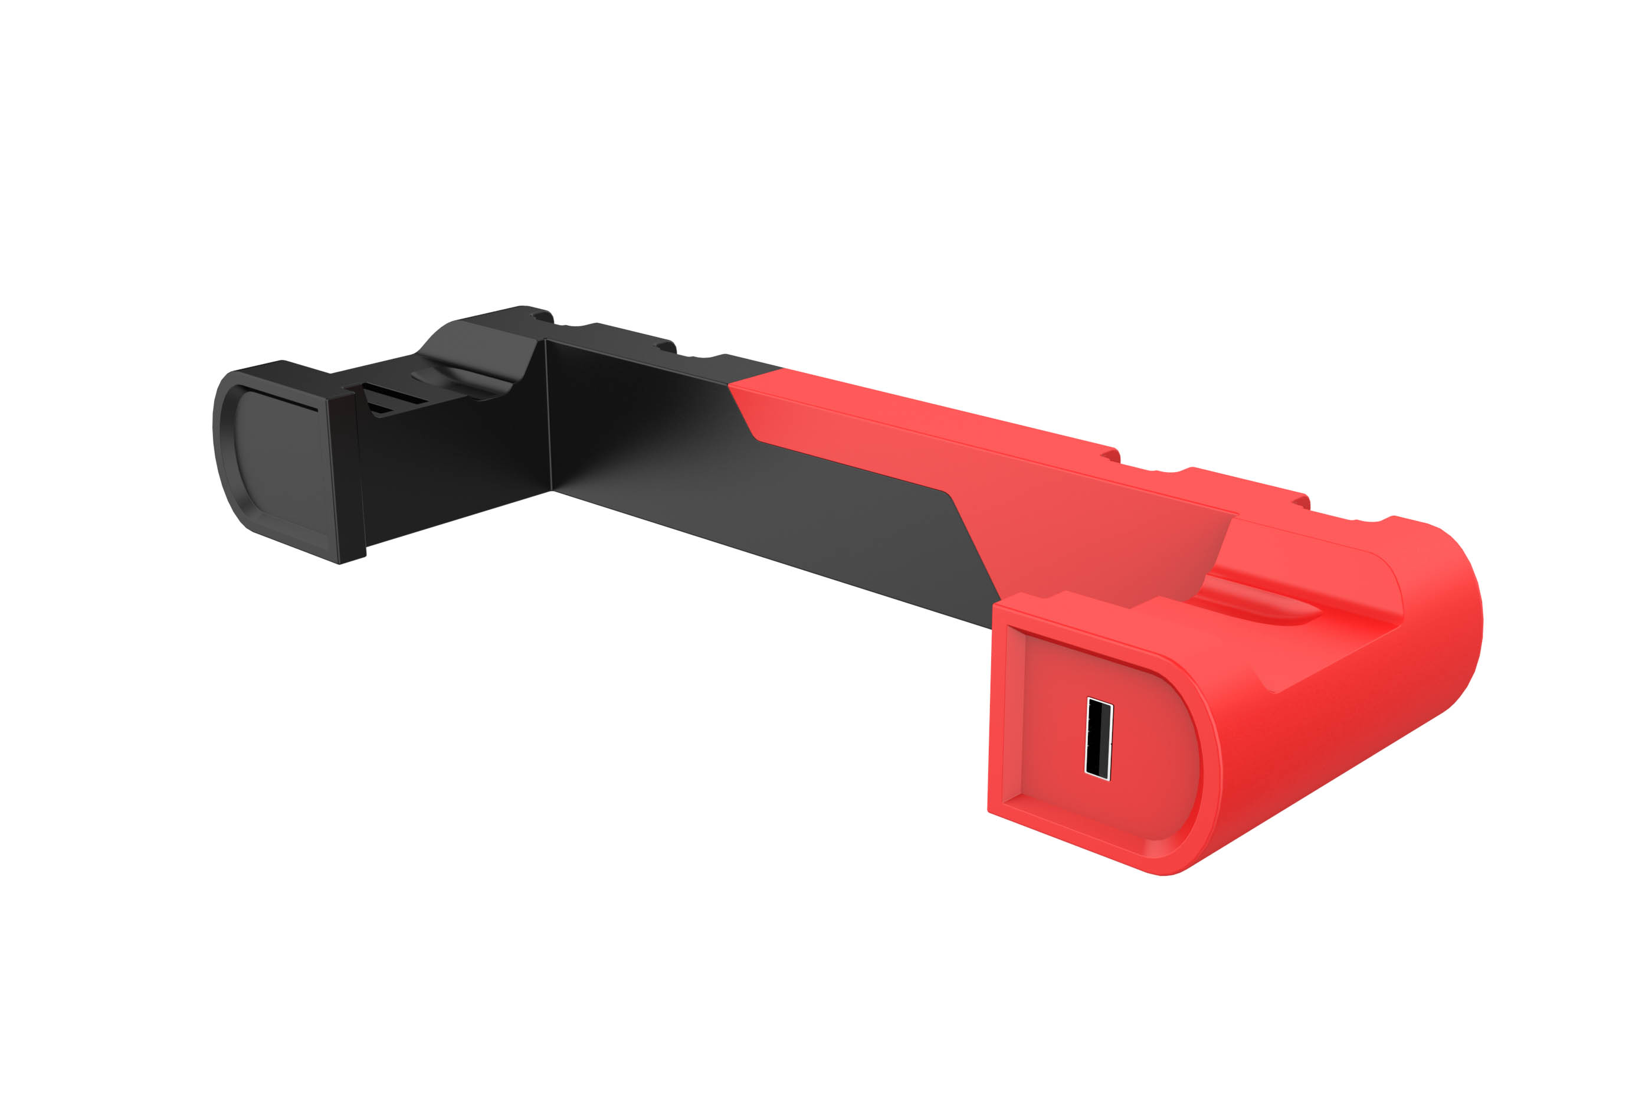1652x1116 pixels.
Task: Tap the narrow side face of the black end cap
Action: [x=346, y=476]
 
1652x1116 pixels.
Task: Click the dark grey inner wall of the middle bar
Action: [x=746, y=498]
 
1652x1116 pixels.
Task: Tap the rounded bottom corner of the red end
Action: [x=1173, y=867]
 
